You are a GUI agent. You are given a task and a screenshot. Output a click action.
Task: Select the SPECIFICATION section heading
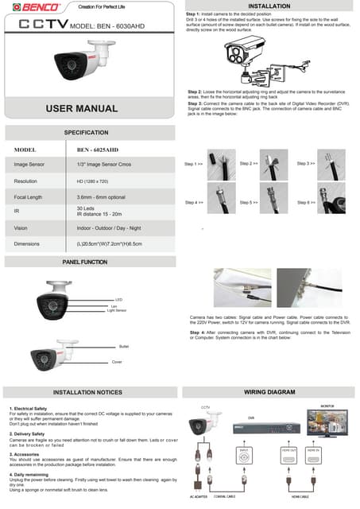pyautogui.click(x=86, y=132)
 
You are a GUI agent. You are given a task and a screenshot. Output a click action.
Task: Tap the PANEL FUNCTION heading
pyautogui.click(x=85, y=262)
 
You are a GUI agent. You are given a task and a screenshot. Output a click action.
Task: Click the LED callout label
pyautogui.click(x=118, y=300)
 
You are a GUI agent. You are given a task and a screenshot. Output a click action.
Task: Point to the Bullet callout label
pyautogui.click(x=123, y=347)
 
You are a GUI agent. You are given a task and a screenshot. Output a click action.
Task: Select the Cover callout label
pyautogui.click(x=116, y=362)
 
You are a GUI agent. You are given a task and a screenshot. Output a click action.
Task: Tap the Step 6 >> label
pyautogui.click(x=305, y=203)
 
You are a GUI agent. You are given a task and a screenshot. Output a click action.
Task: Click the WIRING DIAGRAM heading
pyautogui.click(x=270, y=392)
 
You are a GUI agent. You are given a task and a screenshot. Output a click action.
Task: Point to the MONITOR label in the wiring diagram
pyautogui.click(x=327, y=406)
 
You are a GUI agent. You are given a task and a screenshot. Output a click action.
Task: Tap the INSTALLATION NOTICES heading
pyautogui.click(x=87, y=392)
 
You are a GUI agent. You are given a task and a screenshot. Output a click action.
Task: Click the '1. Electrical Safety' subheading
pyautogui.click(x=31, y=408)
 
